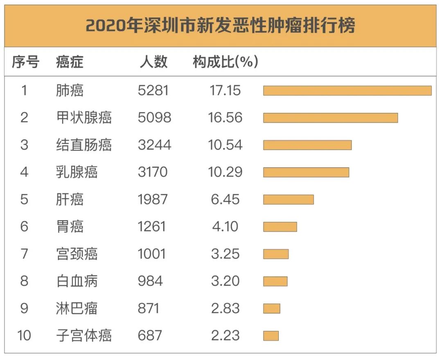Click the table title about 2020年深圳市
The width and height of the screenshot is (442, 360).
(x=220, y=26)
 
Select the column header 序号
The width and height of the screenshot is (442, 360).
(x=25, y=62)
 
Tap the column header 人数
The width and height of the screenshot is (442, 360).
(x=153, y=62)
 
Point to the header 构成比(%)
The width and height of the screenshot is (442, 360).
(x=226, y=62)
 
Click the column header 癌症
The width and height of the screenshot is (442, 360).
(x=70, y=62)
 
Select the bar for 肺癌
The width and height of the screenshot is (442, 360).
(x=347, y=90)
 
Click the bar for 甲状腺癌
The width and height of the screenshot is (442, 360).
(x=330, y=118)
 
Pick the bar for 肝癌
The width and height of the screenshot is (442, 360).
(x=288, y=199)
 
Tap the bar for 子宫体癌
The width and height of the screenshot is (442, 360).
(x=271, y=336)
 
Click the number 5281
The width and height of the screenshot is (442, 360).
(x=153, y=90)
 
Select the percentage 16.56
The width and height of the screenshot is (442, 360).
(x=225, y=118)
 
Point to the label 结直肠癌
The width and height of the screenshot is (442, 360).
(x=83, y=145)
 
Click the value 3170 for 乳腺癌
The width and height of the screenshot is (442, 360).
(x=153, y=172)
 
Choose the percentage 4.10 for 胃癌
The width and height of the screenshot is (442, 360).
(x=225, y=227)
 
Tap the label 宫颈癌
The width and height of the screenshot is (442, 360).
(x=77, y=254)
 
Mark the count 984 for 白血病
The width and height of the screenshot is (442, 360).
(x=150, y=281)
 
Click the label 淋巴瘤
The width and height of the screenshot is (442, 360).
(x=77, y=308)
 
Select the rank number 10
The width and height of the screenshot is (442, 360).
(x=24, y=335)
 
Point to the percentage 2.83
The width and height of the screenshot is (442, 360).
(x=225, y=308)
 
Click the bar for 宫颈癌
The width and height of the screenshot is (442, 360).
(x=275, y=254)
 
